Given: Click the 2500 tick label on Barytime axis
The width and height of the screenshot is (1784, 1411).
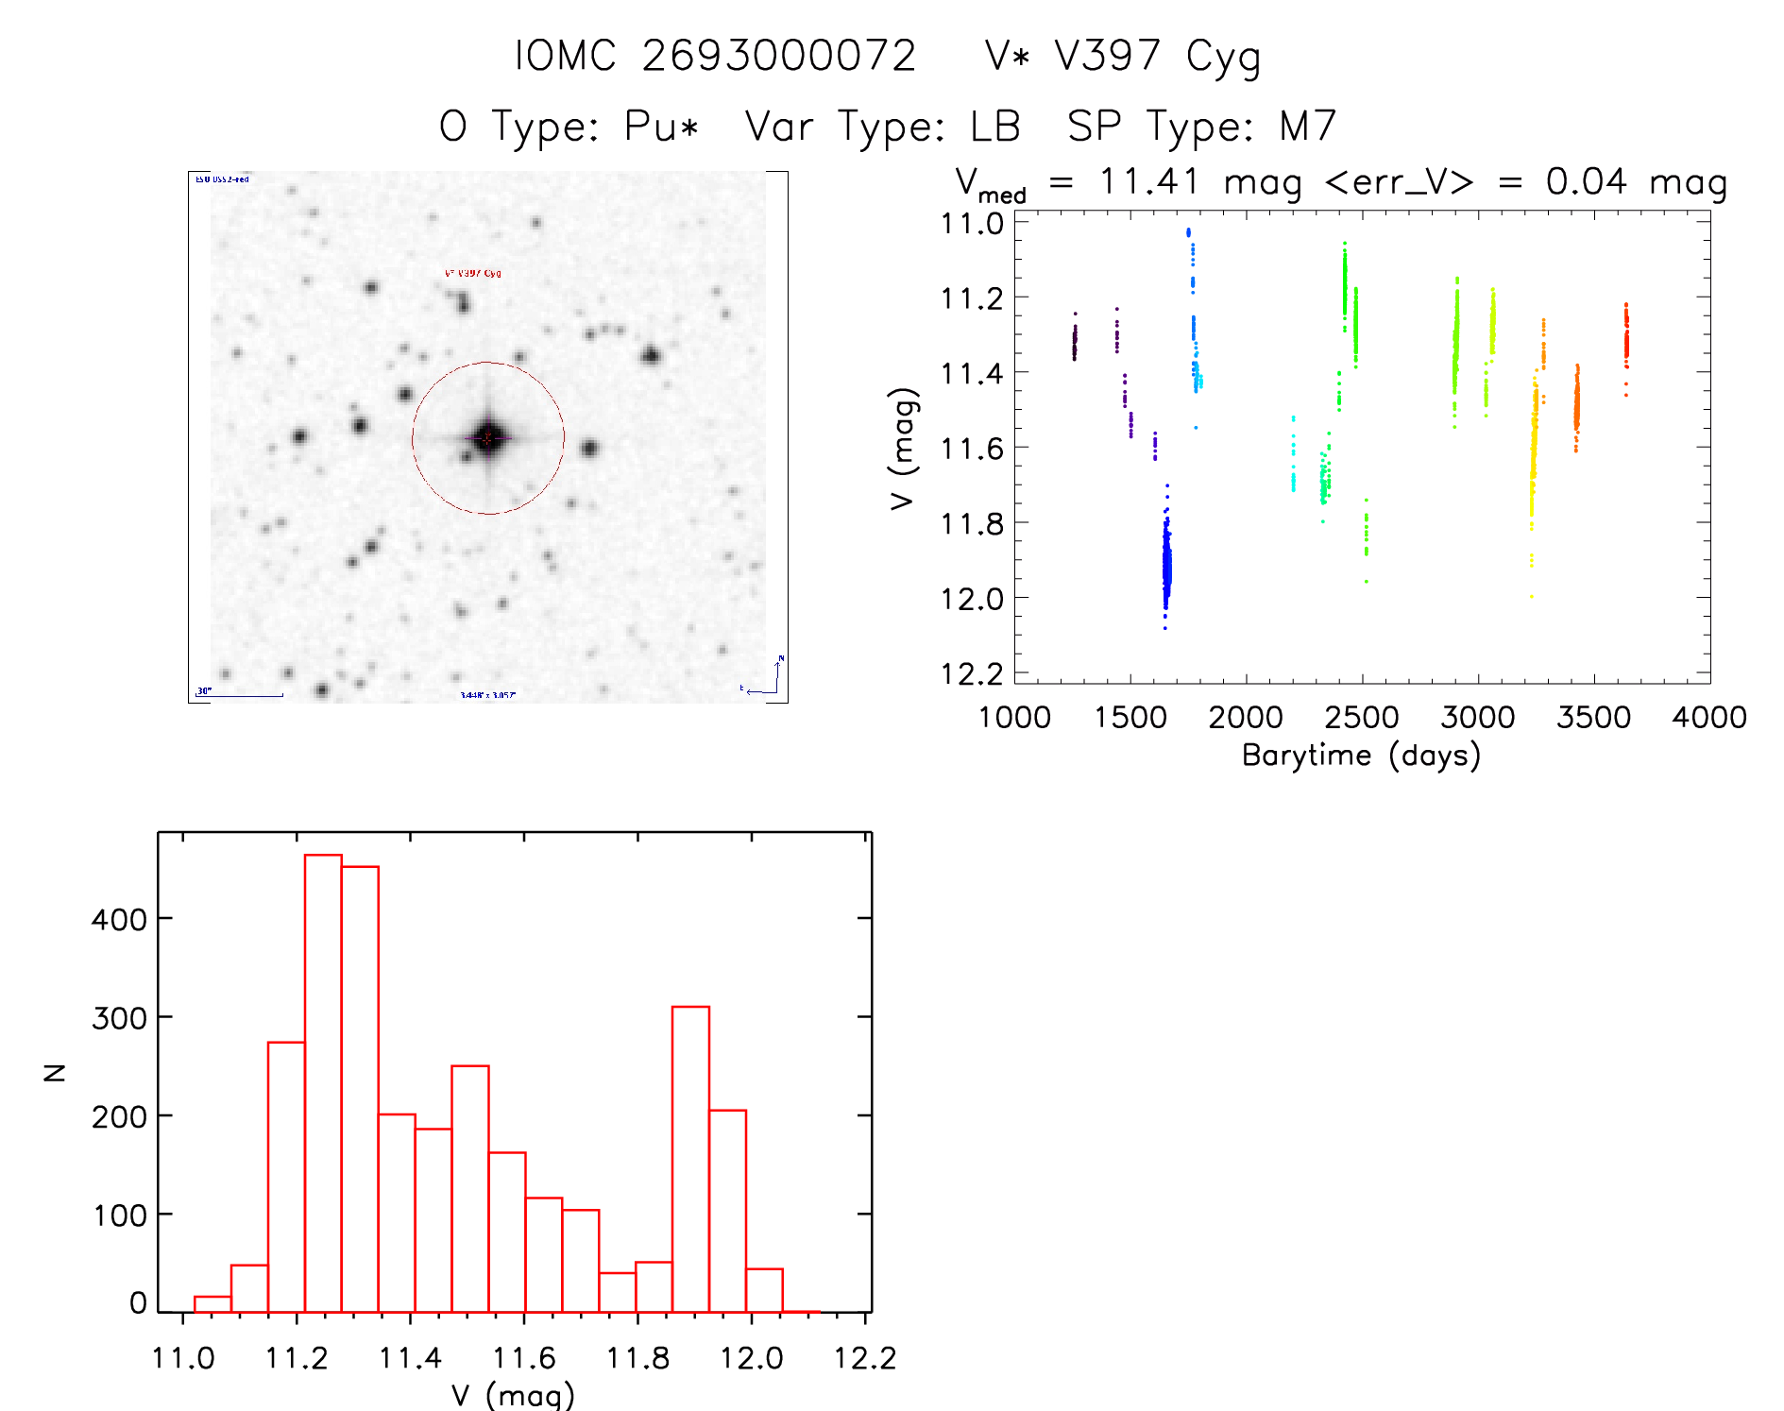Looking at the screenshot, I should [1362, 718].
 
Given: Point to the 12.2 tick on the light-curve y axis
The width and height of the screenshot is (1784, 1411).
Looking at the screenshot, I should [972, 673].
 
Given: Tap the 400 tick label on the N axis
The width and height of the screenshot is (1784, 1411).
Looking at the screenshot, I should [119, 919].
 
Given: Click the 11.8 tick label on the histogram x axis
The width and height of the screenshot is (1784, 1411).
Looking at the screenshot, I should [637, 1358].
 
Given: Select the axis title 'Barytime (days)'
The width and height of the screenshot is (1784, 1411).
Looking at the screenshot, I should [1361, 756].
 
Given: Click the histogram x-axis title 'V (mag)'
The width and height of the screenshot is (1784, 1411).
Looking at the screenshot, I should [513, 1395].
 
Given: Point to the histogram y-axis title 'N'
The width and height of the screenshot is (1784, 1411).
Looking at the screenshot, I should [55, 1072].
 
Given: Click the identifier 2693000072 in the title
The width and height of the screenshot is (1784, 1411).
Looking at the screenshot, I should [779, 56].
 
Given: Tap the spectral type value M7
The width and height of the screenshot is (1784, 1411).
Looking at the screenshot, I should [1308, 127].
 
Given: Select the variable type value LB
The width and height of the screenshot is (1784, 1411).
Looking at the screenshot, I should [995, 127].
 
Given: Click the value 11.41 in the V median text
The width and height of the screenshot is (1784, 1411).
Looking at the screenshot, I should [1149, 181].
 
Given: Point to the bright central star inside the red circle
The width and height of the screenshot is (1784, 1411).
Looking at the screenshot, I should [488, 437].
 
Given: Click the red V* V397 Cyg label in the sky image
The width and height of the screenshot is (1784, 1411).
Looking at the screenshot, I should [473, 274].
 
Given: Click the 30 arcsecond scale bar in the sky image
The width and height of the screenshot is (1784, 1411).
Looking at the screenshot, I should [241, 695].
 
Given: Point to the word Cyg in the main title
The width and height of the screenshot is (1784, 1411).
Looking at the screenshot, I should [1224, 56].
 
